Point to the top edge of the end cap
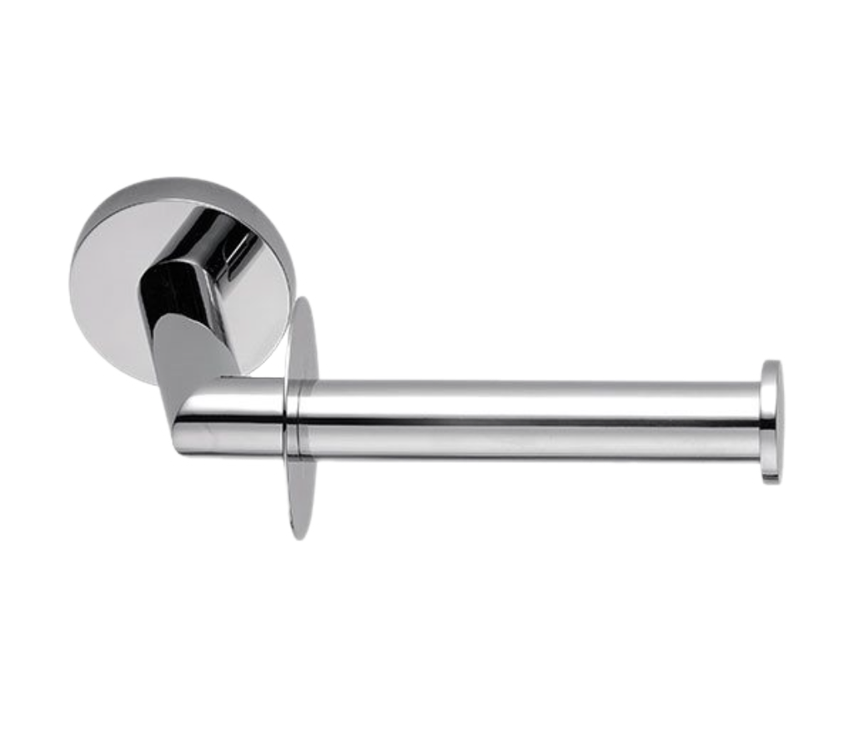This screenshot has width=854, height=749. pos(772,359)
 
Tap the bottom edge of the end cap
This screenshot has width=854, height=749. pos(772,482)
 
